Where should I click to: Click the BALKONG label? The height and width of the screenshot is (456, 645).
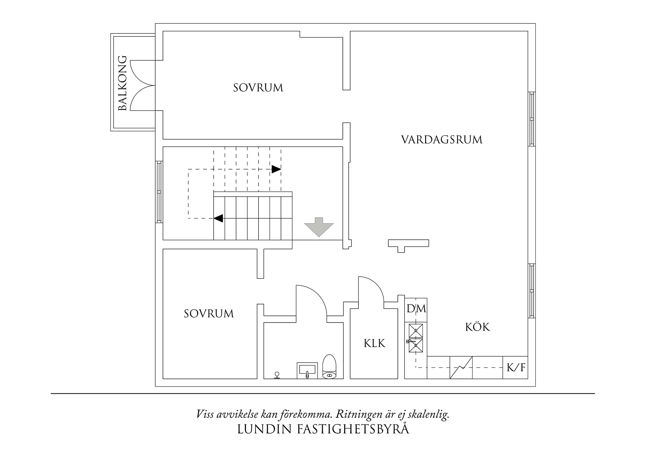tap(122, 83)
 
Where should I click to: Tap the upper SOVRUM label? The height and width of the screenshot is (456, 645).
tap(258, 88)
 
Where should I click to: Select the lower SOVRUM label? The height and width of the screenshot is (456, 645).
tap(209, 314)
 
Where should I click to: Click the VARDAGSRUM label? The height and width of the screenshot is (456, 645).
tap(441, 140)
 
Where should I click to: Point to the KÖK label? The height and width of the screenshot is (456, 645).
tap(478, 327)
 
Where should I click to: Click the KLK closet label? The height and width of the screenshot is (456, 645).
tap(374, 343)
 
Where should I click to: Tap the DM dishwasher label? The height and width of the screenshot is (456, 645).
tap(416, 309)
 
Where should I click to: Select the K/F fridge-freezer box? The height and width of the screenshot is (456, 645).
tap(516, 367)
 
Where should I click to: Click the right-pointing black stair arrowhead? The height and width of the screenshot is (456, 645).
tap(276, 169)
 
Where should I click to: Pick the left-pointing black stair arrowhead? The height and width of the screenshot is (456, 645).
tap(218, 218)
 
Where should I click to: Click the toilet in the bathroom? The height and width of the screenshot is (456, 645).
tap(329, 367)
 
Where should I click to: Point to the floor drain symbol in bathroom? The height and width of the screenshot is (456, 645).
tap(277, 375)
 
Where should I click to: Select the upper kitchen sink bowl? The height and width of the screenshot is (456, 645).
tap(416, 330)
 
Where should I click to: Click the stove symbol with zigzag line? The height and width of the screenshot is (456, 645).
tap(461, 367)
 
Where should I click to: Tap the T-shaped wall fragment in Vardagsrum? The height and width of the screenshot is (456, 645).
tap(408, 243)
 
